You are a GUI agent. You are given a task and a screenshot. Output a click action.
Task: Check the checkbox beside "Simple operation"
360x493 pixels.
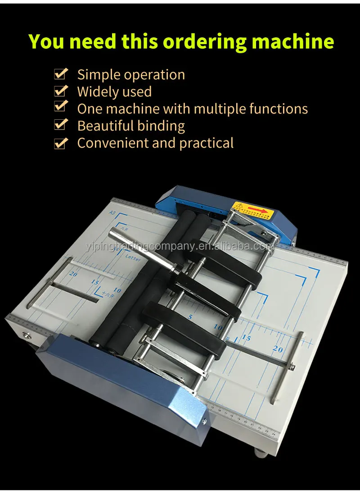click(61, 74)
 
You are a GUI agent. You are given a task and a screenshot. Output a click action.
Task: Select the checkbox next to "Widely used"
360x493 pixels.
click(61, 91)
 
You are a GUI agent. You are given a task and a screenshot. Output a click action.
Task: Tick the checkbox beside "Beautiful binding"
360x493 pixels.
click(61, 126)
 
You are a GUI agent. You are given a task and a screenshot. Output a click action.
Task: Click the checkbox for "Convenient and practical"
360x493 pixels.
click(61, 143)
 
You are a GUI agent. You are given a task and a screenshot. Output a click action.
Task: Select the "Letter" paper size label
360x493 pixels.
click(133, 258)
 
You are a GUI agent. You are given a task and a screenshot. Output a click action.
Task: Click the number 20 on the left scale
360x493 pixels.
click(73, 273)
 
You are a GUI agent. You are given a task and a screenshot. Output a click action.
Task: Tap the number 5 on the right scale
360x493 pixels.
click(190, 317)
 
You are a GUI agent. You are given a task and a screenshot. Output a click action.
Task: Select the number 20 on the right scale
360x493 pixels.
click(278, 348)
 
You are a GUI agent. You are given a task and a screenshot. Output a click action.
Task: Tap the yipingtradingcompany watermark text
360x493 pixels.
click(179, 246)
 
